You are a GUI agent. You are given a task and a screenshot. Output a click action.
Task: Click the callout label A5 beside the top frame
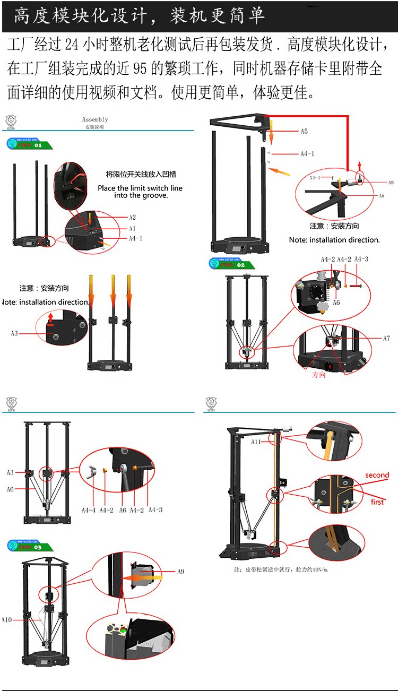[304, 131]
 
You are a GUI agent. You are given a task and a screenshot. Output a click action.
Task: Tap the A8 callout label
[391, 183]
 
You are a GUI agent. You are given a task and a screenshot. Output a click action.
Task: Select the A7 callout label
[386, 338]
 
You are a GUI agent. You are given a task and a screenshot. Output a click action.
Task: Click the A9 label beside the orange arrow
[181, 572]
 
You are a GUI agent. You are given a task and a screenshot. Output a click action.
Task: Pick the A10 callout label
[6, 619]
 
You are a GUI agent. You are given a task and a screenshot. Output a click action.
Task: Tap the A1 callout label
[133, 228]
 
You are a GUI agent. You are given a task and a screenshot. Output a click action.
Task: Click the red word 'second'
[377, 475]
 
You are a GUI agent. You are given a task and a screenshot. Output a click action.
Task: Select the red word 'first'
[377, 502]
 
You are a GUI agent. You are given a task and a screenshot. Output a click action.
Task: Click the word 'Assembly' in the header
[95, 120]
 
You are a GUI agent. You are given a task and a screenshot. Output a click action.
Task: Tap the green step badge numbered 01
[30, 144]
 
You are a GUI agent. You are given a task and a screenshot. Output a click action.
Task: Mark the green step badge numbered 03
[30, 546]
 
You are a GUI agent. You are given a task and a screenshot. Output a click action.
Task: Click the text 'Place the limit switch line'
[140, 188]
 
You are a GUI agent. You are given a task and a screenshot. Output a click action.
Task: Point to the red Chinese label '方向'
[319, 374]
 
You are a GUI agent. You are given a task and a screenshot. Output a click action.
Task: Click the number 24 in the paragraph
[72, 46]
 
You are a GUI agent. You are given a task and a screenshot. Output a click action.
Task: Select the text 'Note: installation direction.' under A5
[334, 239]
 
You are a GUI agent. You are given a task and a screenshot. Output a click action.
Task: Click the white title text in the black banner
[139, 16]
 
